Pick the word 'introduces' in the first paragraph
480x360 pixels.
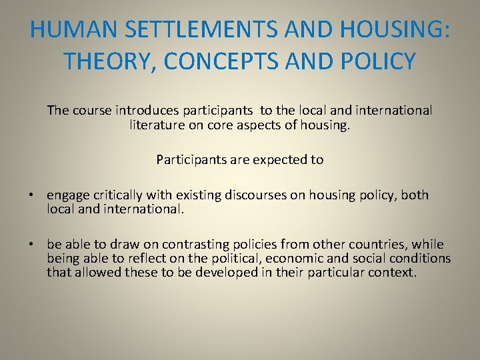point(145,110)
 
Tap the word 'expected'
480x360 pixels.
point(275,159)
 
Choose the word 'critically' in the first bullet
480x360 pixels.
point(114,195)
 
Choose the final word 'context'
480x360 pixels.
point(391,272)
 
